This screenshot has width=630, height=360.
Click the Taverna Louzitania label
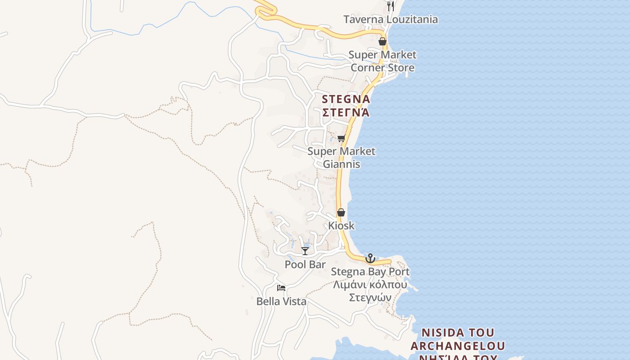390,19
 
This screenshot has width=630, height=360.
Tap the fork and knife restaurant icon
390,6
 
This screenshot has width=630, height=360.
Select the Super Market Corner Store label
382,61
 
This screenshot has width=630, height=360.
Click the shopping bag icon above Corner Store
382,41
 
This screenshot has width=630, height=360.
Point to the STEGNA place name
346,99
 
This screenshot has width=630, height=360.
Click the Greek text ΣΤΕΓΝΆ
346,112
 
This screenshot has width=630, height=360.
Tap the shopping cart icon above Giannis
341,139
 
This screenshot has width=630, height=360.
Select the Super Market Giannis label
341,157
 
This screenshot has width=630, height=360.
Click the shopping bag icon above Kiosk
341,212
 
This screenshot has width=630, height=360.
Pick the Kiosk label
341,225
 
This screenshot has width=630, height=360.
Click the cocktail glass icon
305,251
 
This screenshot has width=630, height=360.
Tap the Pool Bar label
305,264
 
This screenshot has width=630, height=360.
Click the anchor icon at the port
370,258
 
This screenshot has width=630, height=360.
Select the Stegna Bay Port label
370,271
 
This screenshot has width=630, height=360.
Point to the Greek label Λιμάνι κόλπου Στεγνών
370,291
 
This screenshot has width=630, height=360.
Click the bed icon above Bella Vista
281,288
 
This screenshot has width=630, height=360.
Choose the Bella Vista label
281,301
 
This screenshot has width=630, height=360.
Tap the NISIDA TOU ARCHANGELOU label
458,340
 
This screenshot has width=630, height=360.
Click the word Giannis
341,164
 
